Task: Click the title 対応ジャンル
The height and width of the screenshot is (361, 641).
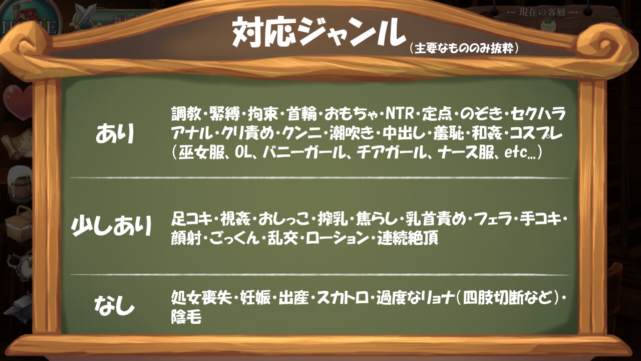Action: pyautogui.click(x=318, y=33)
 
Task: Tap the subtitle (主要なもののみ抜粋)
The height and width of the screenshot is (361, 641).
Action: pyautogui.click(x=463, y=48)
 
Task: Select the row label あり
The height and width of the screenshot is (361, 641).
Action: pyautogui.click(x=116, y=134)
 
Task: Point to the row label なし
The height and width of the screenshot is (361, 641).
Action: pyautogui.click(x=115, y=305)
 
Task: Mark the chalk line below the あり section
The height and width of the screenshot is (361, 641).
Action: pyautogui.click(x=320, y=178)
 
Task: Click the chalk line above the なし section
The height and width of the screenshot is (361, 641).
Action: pyautogui.click(x=320, y=275)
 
